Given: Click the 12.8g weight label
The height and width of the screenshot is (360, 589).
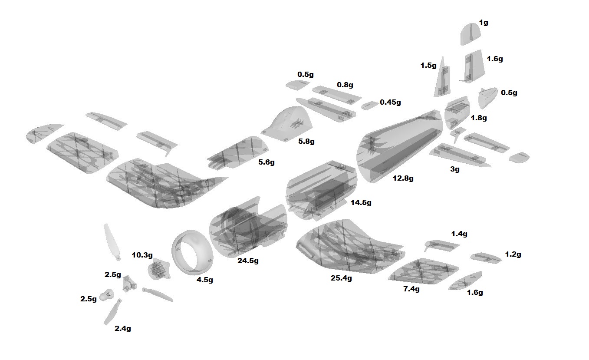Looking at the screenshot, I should coord(403,178).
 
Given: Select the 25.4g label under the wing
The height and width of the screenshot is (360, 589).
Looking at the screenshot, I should coord(341,278).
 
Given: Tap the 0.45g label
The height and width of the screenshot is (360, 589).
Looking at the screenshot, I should coord(390,102).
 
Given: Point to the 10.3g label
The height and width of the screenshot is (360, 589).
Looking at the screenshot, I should coord(142,255).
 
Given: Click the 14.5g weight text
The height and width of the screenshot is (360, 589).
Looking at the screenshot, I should coord(361,202).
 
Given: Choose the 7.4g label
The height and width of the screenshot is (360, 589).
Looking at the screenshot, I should coord(411,289).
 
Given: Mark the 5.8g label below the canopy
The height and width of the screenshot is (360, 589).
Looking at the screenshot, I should coord(306,141).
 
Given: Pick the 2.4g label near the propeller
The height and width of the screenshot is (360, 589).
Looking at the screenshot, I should coord(123,329).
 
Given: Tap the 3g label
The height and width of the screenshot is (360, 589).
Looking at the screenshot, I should coord(454,169).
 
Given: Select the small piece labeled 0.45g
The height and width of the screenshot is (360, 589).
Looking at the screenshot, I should coord(369,105).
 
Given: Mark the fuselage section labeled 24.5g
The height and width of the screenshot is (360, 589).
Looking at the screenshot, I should coord(247,228).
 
